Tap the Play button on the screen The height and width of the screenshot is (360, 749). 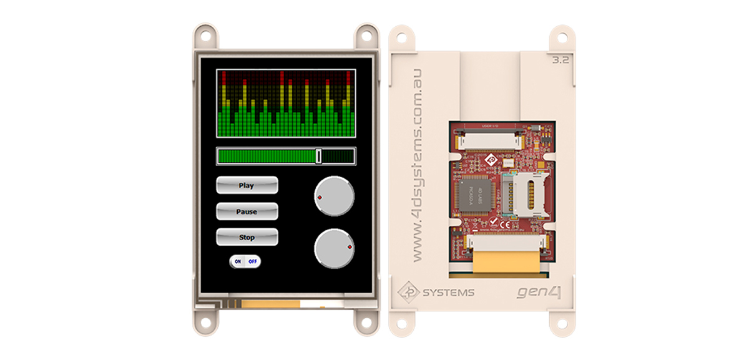point(247,185)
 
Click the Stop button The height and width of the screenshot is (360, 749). point(247,237)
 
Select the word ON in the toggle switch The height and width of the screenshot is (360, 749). point(238,261)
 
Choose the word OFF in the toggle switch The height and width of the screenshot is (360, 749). point(253,261)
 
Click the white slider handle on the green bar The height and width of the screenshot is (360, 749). point(319,156)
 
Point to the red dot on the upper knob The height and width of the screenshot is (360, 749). point(320,197)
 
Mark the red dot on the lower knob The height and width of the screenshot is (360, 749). point(350,248)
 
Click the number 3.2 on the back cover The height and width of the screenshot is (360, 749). point(561,61)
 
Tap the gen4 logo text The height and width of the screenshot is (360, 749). point(539,292)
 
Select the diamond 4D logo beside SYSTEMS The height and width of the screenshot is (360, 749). point(409,292)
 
